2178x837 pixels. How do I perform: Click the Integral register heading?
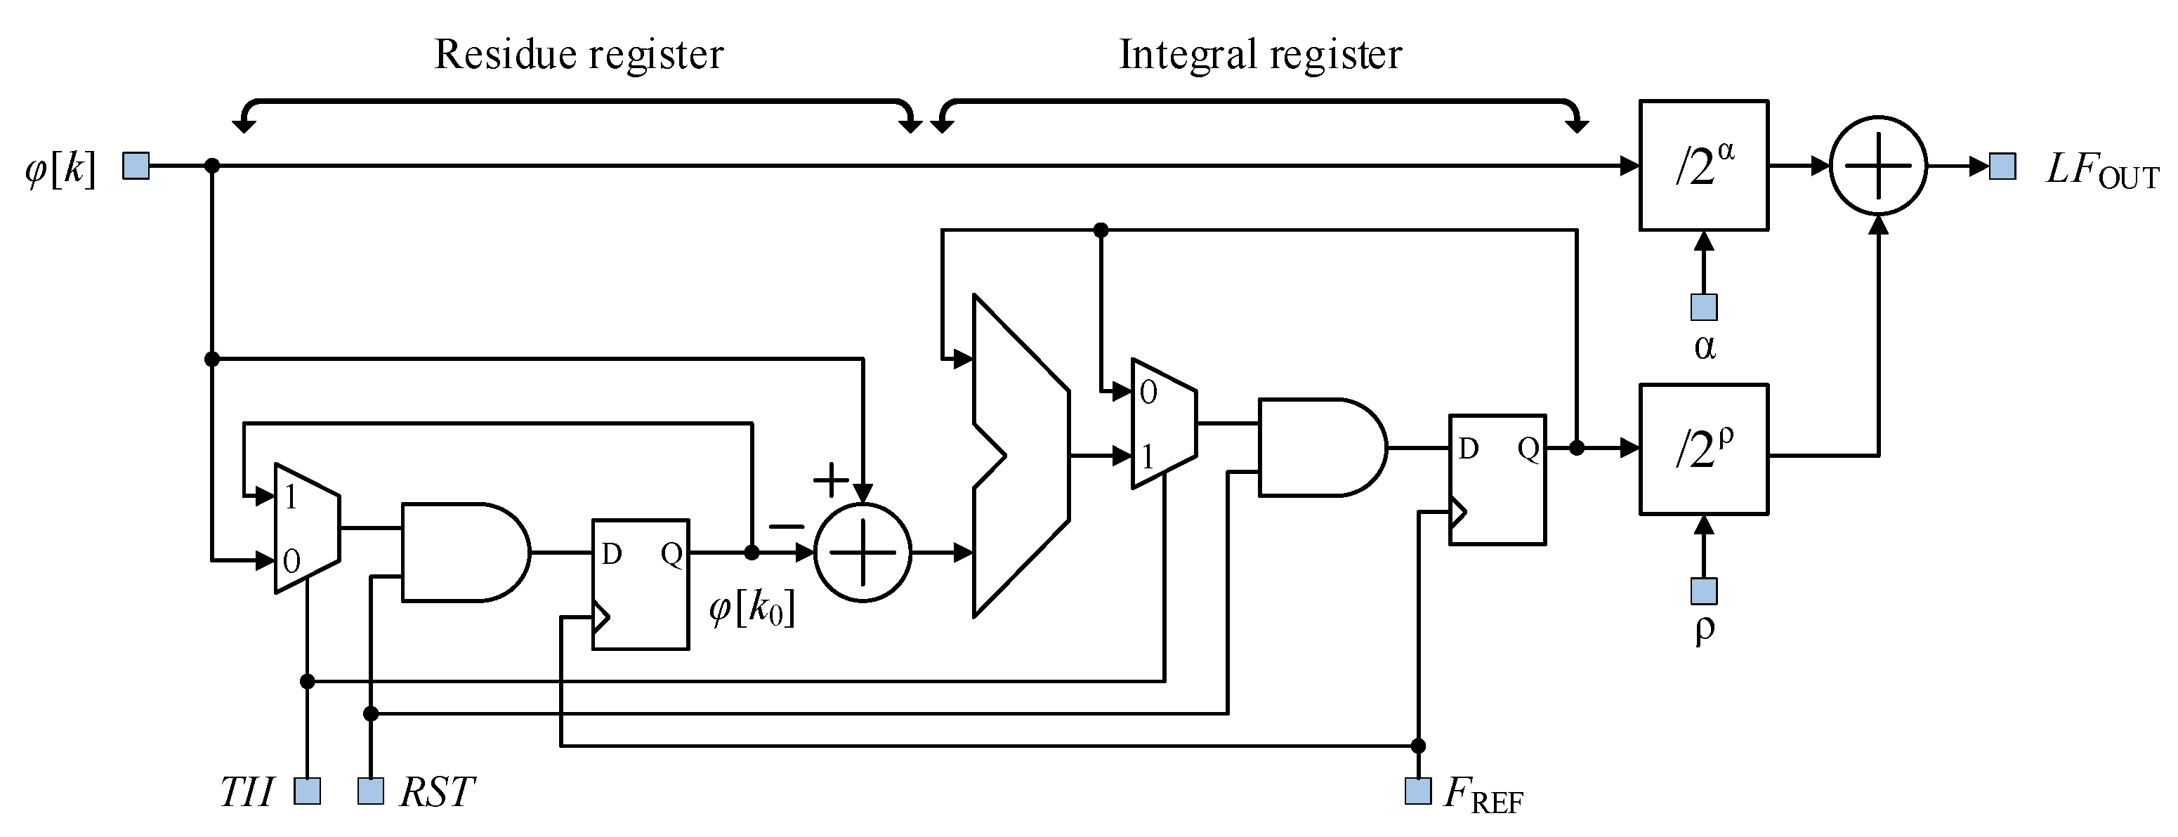coord(1260,55)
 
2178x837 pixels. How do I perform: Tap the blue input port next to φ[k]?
coord(136,166)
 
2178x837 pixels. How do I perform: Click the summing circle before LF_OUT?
coord(1878,166)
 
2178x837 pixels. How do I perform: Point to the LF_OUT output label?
coord(2101,171)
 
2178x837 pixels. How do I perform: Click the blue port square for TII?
coord(307,791)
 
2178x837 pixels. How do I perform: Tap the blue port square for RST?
coord(370,791)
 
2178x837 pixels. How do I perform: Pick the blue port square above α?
coord(1704,307)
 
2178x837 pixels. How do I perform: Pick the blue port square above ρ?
coord(1704,591)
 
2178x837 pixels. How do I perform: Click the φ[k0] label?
coord(752,609)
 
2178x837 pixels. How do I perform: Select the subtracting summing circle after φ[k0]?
coord(862,553)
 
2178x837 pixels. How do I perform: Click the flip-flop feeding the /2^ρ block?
coord(1497,480)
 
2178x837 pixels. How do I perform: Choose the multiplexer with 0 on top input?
coord(1163,423)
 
